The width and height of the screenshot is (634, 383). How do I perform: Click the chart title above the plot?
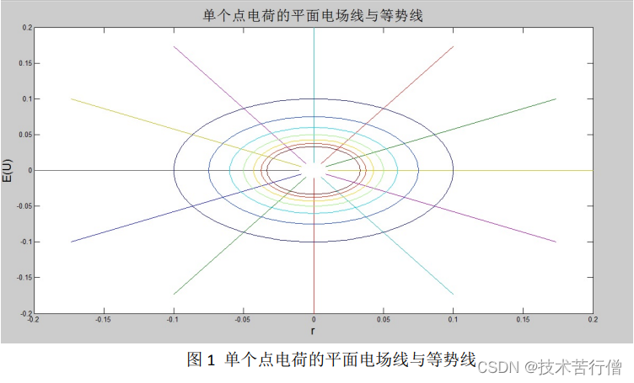313,14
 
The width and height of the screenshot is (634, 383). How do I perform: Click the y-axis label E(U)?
8,170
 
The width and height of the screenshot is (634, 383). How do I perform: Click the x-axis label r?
314,332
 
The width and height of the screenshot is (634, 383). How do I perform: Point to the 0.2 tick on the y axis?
26,28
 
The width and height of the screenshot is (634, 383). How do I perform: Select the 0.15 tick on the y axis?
24,63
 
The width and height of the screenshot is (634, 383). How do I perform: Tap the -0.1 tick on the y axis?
24,242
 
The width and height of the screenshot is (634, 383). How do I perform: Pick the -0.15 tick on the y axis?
24,277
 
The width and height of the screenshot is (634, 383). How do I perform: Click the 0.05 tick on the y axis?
24,135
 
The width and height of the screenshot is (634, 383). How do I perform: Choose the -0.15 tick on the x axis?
104,319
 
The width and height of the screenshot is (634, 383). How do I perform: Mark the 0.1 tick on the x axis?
454,319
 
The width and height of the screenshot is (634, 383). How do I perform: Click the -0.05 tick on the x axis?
244,319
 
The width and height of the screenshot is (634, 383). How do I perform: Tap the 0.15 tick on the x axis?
524,319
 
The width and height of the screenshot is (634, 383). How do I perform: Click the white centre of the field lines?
314,170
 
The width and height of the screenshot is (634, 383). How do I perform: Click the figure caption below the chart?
331,359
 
